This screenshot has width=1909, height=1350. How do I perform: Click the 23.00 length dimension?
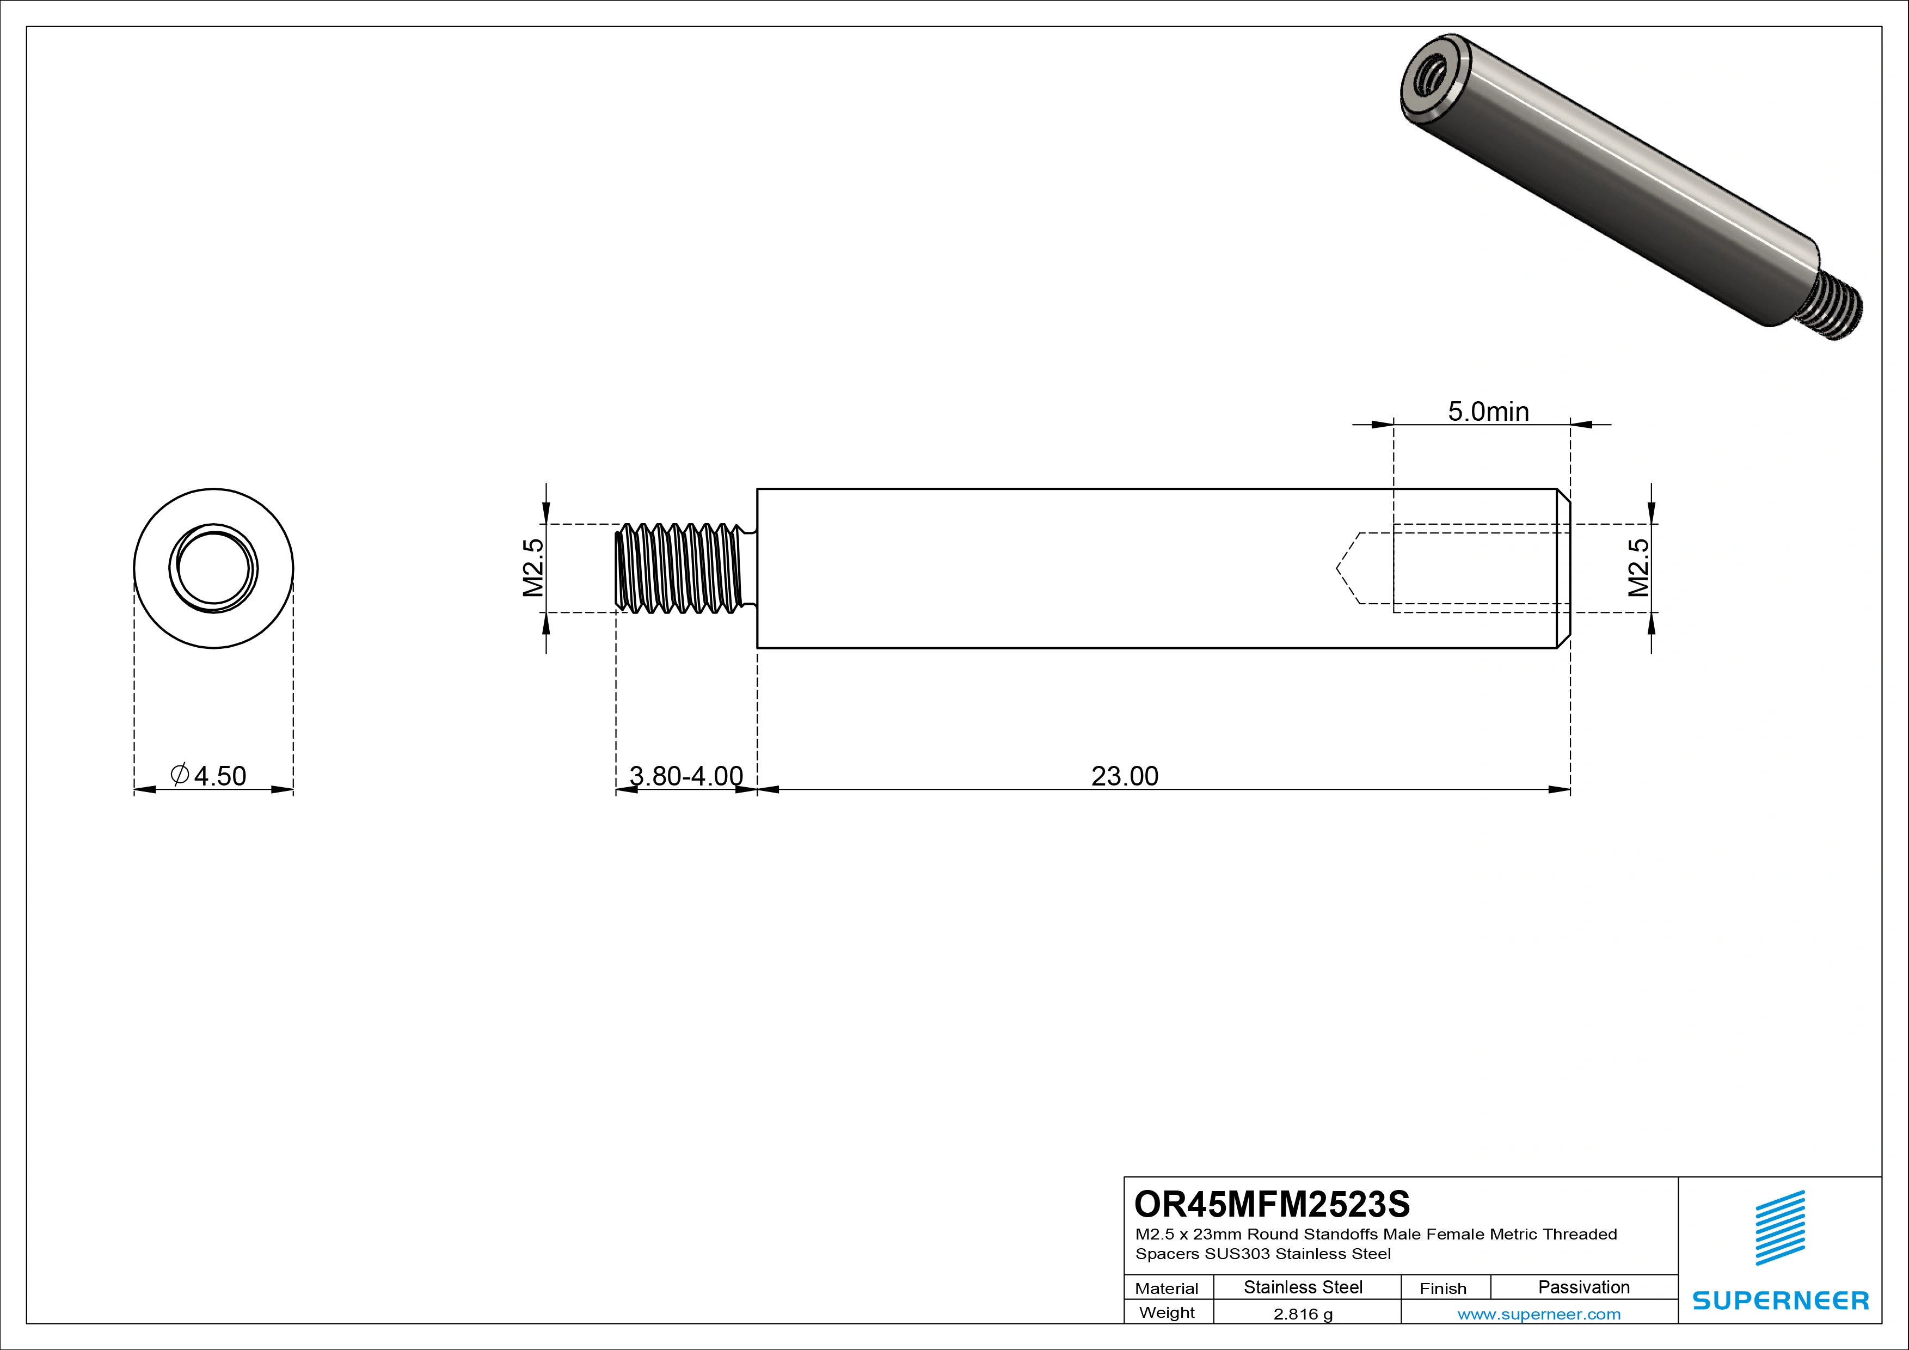1124,776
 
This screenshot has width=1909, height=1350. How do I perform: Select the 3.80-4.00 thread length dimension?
686,776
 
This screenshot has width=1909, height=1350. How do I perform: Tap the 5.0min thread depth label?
1488,412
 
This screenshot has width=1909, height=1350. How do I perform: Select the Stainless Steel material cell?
1303,1287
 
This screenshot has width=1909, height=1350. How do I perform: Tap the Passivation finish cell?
1583,1287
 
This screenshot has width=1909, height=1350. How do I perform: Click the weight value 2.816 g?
1303,1314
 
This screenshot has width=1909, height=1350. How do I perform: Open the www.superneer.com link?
1539,1314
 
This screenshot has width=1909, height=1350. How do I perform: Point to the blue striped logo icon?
1780,1228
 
